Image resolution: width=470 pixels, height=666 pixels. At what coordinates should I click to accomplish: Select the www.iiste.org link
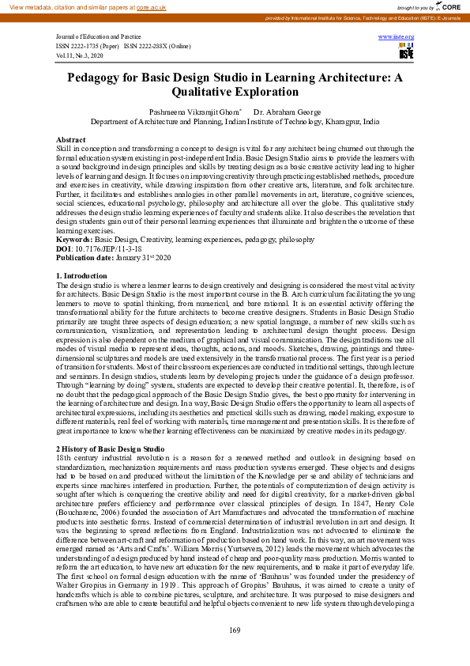[396, 37]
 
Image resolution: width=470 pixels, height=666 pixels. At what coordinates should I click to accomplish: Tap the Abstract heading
[71, 139]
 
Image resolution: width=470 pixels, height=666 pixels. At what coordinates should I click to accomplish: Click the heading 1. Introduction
[82, 275]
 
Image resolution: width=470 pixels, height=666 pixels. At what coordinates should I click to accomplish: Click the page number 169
[235, 629]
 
